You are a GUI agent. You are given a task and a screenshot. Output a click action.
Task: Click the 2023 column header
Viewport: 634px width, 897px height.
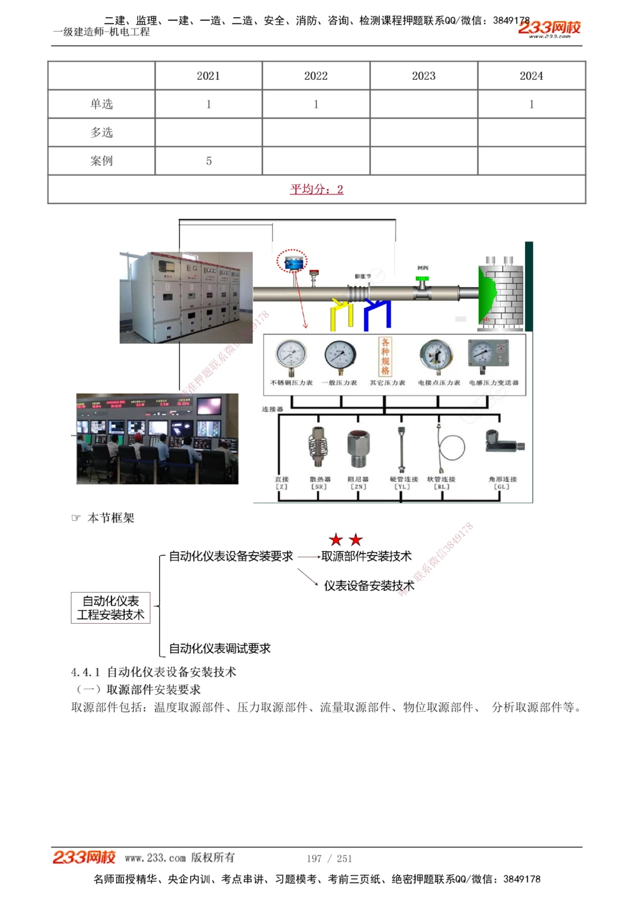coord(424,76)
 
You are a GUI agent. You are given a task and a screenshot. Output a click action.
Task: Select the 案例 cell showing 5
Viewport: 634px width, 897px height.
coord(209,161)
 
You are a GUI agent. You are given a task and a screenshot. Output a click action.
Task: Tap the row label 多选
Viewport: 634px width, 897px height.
coord(101,132)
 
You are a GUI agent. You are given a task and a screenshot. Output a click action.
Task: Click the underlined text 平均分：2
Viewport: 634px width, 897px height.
coord(316,189)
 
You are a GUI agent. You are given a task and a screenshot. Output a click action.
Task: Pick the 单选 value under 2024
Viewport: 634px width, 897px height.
coord(531,105)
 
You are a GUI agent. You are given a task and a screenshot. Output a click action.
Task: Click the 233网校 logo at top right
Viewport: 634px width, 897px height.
coord(549,28)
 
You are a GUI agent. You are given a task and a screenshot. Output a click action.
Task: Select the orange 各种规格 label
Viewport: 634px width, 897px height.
coord(385,356)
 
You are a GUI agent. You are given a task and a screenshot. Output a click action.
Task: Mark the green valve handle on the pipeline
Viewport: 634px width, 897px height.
coord(422,279)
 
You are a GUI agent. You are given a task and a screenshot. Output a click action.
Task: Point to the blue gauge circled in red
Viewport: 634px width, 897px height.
coord(292,262)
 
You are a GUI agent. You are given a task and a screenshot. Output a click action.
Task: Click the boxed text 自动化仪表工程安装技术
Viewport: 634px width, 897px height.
coord(110,608)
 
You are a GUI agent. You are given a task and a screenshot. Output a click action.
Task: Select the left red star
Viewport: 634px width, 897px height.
coord(335,540)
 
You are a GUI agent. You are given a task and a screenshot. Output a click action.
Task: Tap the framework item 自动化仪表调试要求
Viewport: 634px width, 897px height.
coord(219,649)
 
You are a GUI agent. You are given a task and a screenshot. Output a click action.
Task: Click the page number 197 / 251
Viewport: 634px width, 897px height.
coord(329,858)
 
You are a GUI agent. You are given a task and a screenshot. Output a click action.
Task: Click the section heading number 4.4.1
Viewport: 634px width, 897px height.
coord(85,672)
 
